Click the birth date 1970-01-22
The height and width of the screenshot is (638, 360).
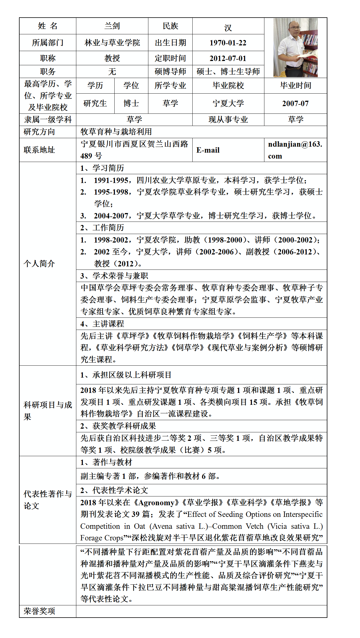[x=228, y=43]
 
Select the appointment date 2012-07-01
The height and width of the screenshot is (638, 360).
[x=228, y=58]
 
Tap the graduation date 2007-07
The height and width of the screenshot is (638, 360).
[x=295, y=104]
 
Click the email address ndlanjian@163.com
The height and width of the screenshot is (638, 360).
[x=295, y=150]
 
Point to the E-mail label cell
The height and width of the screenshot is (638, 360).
[x=208, y=150]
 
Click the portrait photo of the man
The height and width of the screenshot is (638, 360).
[x=295, y=48]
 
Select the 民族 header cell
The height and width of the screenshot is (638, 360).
[x=170, y=26]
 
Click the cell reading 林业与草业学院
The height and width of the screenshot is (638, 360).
[x=112, y=43]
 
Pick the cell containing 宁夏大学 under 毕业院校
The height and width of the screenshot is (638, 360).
[x=228, y=104]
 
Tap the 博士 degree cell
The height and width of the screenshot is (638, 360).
[x=131, y=104]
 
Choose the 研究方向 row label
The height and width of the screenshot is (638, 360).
[x=39, y=132]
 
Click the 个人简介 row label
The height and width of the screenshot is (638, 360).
[x=39, y=264]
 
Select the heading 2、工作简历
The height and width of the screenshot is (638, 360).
[x=102, y=228]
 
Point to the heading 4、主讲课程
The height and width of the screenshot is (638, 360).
[x=102, y=324]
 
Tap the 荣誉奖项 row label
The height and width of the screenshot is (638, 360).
[x=39, y=611]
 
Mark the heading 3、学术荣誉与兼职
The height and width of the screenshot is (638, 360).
[x=114, y=276]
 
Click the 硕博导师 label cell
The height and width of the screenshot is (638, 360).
[x=170, y=72]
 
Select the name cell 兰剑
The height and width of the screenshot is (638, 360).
[x=112, y=26]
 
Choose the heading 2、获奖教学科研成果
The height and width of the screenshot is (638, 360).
[x=118, y=426]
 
